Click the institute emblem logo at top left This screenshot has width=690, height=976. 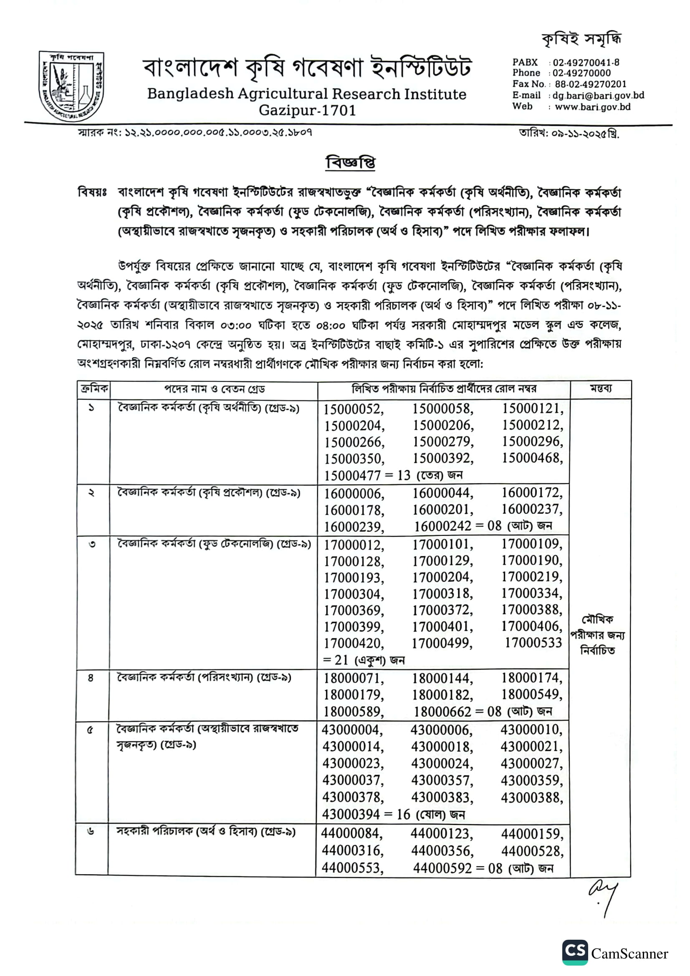(71, 86)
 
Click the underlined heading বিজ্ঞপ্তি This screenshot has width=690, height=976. (350, 163)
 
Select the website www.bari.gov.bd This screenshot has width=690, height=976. (592, 107)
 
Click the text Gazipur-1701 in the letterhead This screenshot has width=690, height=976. (307, 111)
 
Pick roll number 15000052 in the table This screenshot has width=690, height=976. (354, 409)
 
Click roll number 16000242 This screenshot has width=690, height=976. (442, 526)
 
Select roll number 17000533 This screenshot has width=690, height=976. (533, 643)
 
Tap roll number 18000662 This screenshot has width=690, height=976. (442, 711)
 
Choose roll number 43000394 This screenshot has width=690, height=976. (351, 814)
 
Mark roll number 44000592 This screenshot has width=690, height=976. (442, 868)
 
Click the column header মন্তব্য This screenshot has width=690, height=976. (600, 388)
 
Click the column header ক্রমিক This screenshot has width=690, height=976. (94, 388)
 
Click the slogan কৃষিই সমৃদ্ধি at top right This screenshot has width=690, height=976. (581, 39)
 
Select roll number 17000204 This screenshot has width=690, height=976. (442, 577)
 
